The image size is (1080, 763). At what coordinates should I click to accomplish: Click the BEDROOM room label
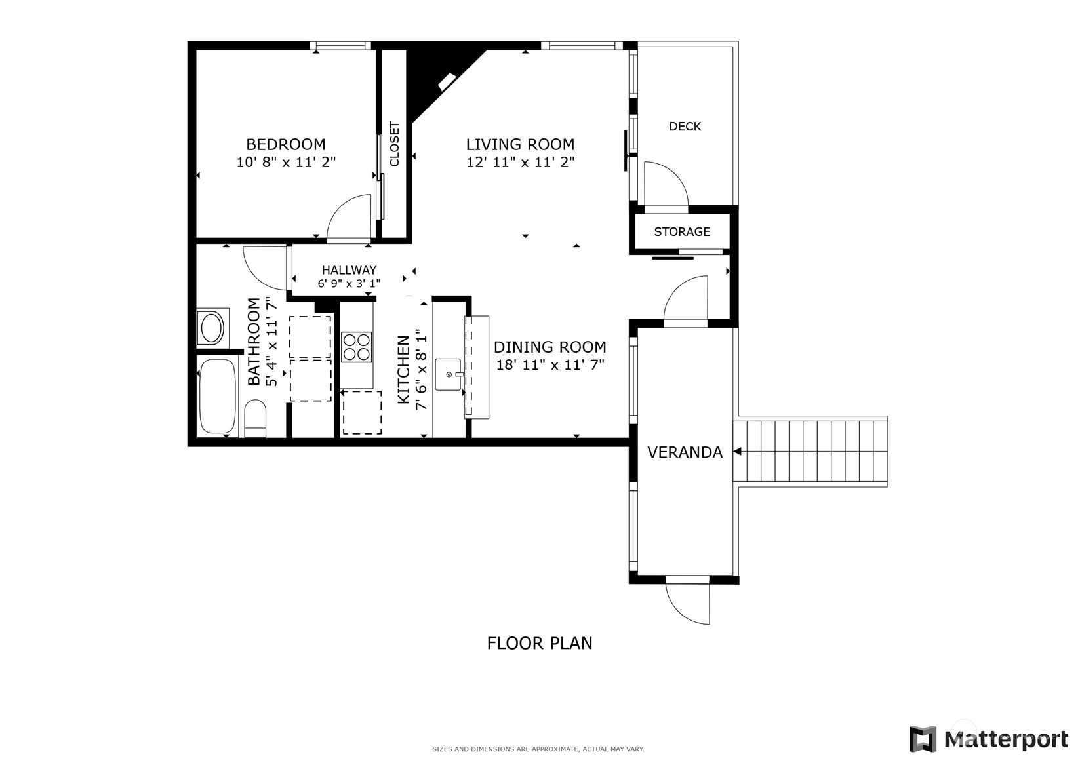(285, 144)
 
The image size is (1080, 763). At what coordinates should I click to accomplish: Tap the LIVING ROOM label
(520, 144)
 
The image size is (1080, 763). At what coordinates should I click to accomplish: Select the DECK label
(685, 127)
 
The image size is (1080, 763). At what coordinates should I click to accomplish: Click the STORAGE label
(682, 232)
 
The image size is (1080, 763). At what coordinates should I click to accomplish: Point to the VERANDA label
(685, 452)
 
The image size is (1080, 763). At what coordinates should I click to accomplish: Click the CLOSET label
(394, 144)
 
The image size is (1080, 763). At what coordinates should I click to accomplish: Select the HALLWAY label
(349, 270)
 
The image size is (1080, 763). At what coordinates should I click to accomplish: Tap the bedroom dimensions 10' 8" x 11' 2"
(285, 162)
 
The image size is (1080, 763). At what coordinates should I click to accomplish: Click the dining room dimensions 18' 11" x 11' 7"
(550, 365)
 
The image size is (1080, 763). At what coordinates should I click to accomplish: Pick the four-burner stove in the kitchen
(356, 347)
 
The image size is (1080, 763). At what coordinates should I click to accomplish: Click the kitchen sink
(449, 374)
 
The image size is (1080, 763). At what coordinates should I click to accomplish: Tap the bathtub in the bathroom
(217, 396)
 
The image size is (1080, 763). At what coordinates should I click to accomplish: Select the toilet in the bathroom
(255, 418)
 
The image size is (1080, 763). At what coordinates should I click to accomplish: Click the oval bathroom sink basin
(212, 328)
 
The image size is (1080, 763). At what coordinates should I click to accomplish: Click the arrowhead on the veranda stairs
(737, 452)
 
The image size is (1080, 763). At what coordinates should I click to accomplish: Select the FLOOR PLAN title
(540, 643)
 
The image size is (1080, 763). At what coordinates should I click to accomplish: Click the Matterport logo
(988, 739)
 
